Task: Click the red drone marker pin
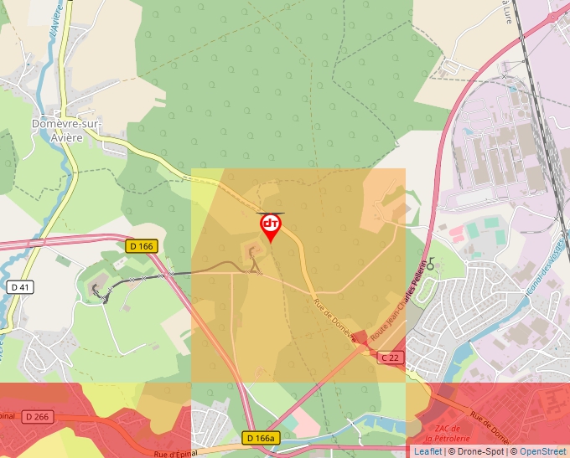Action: (x=271, y=226)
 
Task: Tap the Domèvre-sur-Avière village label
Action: (x=66, y=130)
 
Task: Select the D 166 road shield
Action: (x=142, y=246)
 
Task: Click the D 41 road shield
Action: (x=21, y=287)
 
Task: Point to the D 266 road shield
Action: (x=37, y=417)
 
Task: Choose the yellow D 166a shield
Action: (x=261, y=438)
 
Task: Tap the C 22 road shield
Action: (x=390, y=358)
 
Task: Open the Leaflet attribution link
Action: (x=427, y=451)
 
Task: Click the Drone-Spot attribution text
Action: (x=476, y=451)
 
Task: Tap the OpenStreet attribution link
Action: (x=541, y=451)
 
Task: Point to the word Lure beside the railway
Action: (x=507, y=12)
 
